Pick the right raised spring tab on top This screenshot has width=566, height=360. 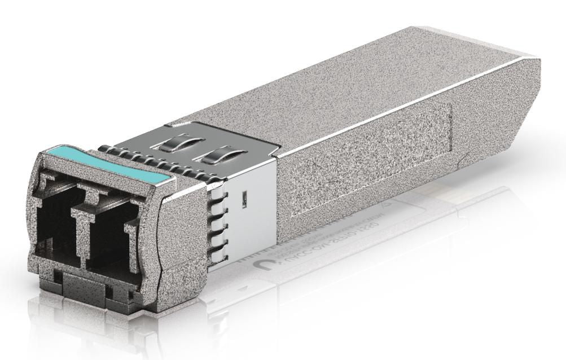click(214, 154)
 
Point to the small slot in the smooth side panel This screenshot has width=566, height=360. click(244, 199)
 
